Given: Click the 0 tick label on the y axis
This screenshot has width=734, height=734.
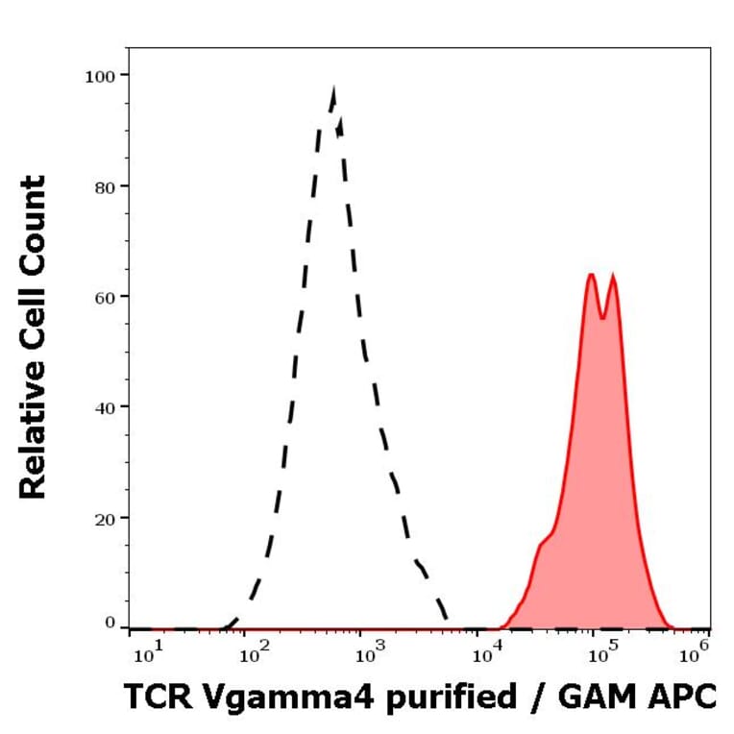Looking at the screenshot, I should tap(110, 624).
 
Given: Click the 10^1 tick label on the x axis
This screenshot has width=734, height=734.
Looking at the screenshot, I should tap(146, 655).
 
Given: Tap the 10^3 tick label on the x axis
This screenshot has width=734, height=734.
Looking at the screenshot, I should tap(371, 655).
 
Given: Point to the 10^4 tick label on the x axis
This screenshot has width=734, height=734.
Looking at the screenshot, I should tap(487, 655).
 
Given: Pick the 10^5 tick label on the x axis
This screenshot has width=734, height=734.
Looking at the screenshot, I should tap(602, 655).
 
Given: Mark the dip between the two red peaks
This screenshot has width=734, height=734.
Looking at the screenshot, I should tap(602, 315).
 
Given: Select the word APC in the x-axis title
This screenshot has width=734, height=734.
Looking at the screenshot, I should tap(683, 697).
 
